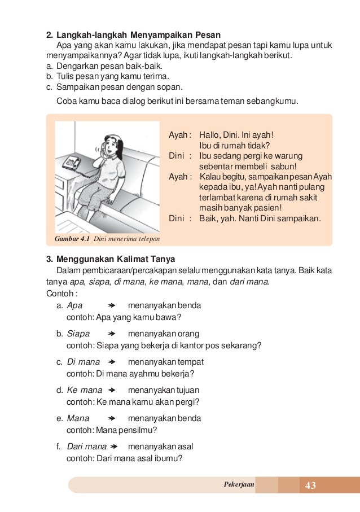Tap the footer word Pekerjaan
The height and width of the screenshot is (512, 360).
tap(239, 485)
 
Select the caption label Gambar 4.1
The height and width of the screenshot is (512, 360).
tap(72, 239)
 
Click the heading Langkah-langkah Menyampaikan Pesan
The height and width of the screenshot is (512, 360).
tap(139, 34)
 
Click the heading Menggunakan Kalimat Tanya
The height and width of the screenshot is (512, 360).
tap(116, 259)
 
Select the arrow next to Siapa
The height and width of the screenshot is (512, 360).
tap(111, 334)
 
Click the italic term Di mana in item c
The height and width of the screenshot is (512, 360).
tap(84, 362)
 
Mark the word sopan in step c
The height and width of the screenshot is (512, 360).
tap(170, 87)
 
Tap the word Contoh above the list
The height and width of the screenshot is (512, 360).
tap(59, 294)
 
